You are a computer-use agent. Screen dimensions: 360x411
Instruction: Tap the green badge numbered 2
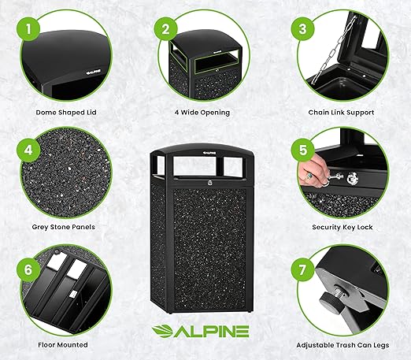pos(166,31)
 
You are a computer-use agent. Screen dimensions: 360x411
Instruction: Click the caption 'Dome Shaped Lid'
pos(68,113)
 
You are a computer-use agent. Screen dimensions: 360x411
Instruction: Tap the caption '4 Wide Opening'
pos(202,113)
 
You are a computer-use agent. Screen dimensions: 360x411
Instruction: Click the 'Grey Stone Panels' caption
pos(68,227)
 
